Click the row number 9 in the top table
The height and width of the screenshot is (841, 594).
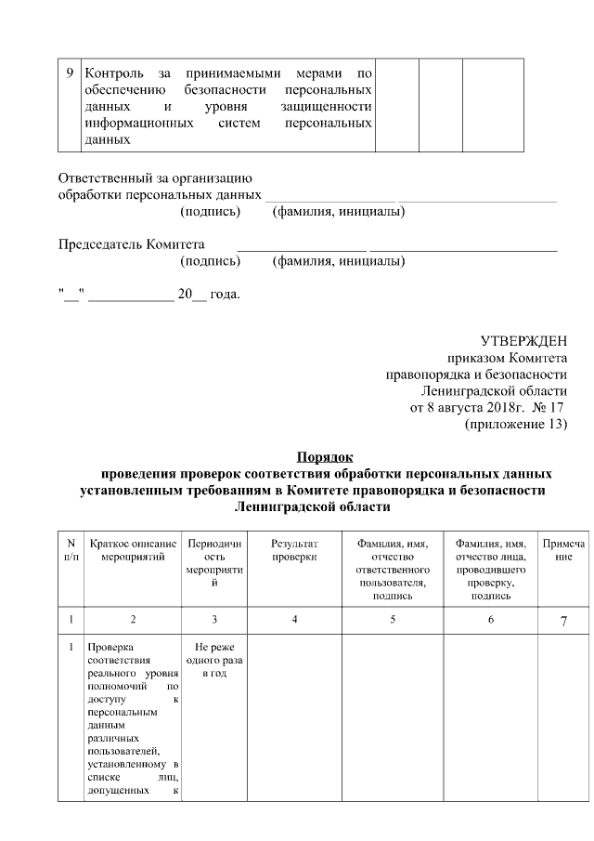(x=71, y=73)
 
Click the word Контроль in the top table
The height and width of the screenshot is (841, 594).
(x=115, y=73)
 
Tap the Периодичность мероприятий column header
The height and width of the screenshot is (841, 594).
(x=214, y=562)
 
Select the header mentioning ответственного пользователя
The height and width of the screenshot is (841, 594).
(x=393, y=569)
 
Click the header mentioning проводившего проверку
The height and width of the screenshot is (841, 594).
(x=491, y=569)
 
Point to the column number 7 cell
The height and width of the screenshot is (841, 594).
(x=563, y=621)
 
